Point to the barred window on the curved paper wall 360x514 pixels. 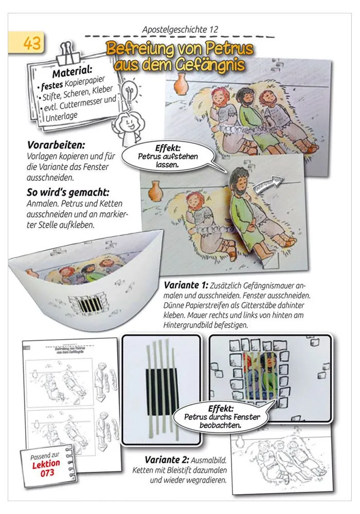[x=95, y=299]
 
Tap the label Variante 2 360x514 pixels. [x=163, y=460]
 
